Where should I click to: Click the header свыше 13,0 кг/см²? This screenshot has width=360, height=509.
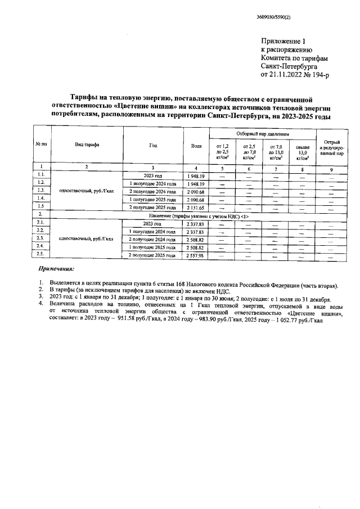(303, 152)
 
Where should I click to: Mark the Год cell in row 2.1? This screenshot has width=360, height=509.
(152, 223)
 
